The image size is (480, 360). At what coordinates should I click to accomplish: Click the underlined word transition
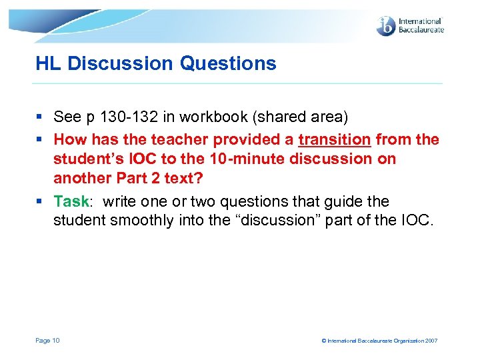pyautogui.click(x=334, y=140)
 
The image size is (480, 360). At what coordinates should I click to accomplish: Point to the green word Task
pyautogui.click(x=71, y=201)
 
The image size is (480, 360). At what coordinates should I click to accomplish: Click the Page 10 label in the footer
pyautogui.click(x=47, y=341)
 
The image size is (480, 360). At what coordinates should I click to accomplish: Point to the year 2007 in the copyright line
pyautogui.click(x=430, y=341)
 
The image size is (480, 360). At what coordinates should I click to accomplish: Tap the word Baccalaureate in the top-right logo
pyautogui.click(x=421, y=30)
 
